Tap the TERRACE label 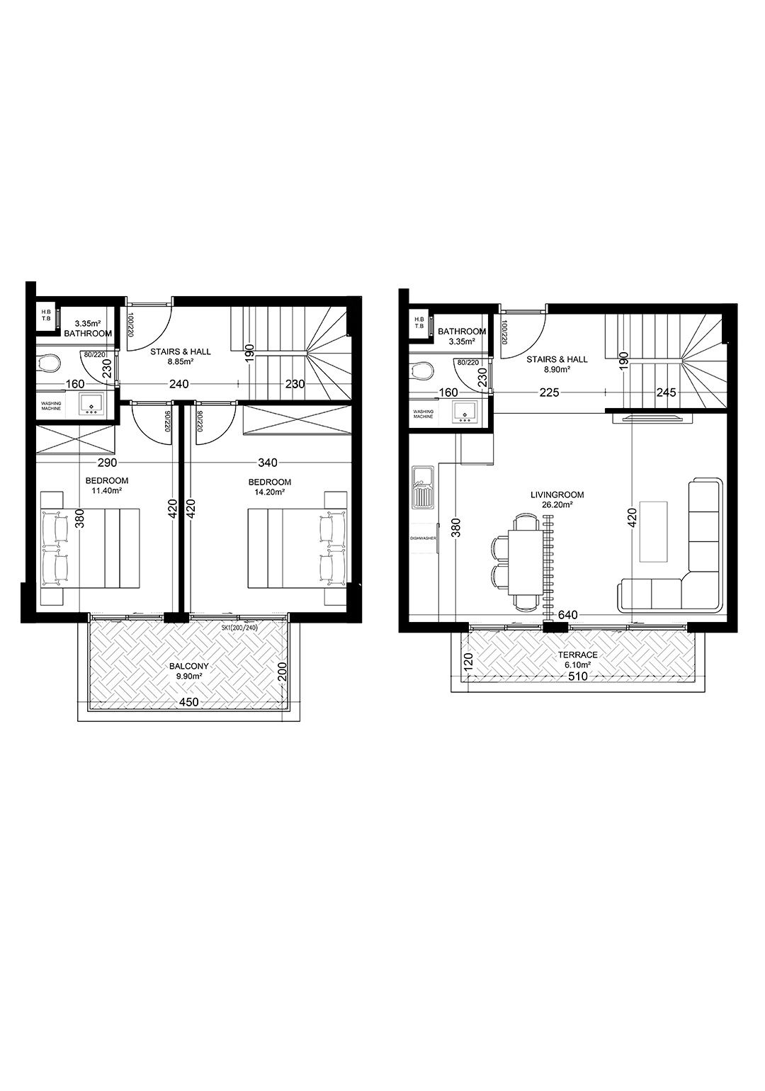point(577,655)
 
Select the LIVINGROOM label point(557,494)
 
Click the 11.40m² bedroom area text point(107,490)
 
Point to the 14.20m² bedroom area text point(270,492)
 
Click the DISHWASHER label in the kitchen point(423,538)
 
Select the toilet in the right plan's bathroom point(421,370)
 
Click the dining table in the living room point(526,563)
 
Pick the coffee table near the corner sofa point(652,531)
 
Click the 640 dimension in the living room point(568,615)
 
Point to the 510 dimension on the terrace point(577,677)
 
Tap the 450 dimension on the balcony point(189,702)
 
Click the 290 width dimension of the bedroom point(107,462)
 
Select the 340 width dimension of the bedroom point(268,462)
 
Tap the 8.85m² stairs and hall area point(180,361)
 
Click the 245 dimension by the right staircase point(666,392)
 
